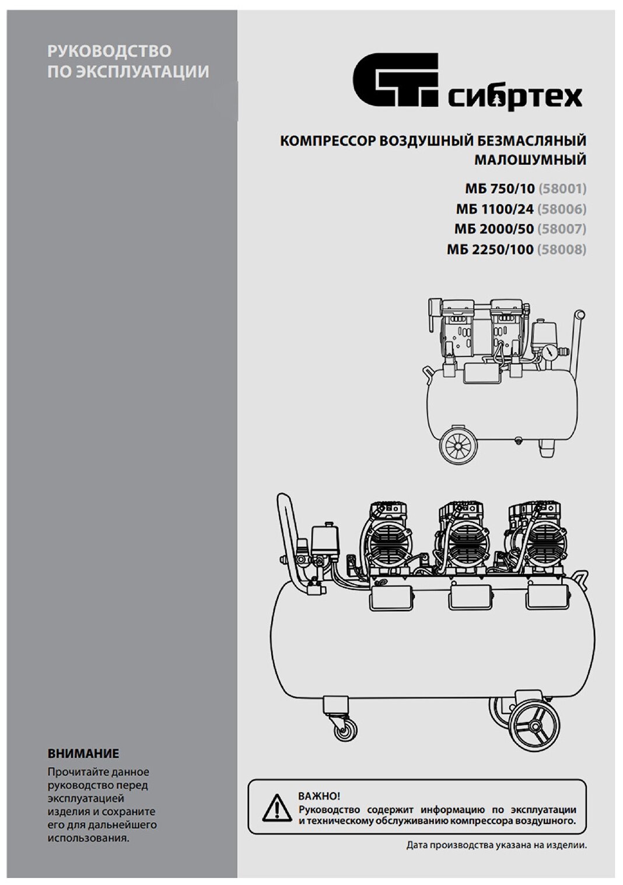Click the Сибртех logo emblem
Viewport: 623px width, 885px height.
pos(394,78)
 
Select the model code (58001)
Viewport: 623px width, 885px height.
pos(562,189)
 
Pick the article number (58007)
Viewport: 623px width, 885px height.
pos(562,228)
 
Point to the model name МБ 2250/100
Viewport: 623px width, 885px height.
pos(490,249)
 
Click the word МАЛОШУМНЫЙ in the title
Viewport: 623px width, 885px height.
pos(530,159)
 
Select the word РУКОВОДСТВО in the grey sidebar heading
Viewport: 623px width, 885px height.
pos(109,51)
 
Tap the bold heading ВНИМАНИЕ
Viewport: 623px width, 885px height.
pos(83,754)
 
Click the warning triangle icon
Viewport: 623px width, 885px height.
pos(277,807)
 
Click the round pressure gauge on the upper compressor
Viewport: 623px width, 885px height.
pos(548,354)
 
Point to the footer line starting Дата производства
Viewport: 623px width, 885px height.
pos(496,845)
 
